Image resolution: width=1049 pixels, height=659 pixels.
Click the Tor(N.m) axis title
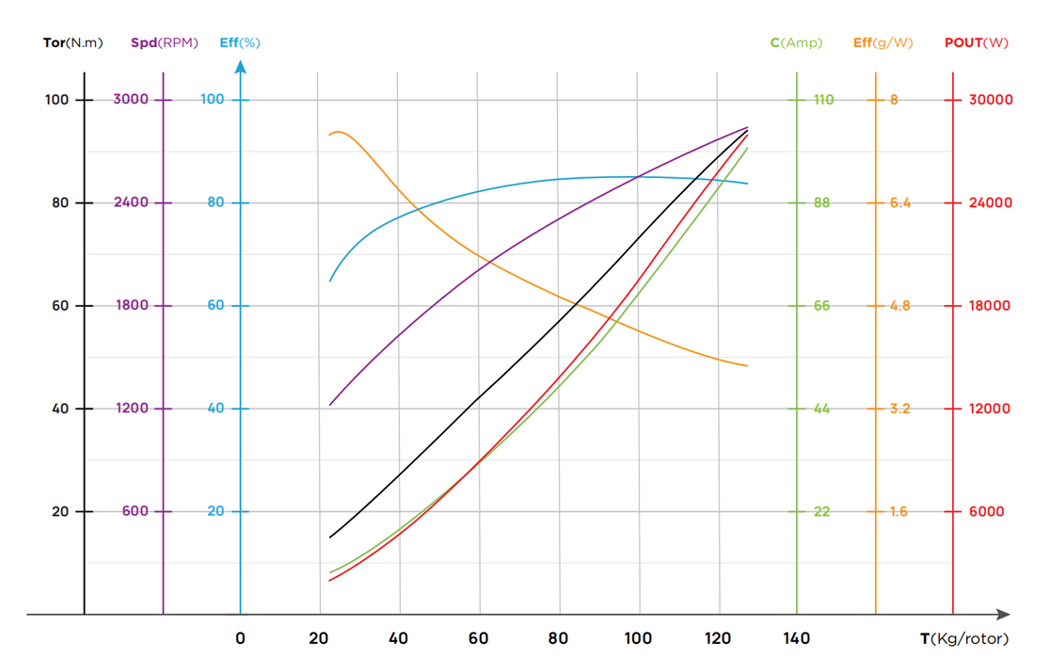click(72, 42)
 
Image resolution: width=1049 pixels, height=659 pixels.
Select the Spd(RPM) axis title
click(165, 42)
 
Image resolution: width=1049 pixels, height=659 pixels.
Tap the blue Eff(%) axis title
click(240, 42)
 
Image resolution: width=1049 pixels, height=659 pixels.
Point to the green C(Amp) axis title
click(796, 42)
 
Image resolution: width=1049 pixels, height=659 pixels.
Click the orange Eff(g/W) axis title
click(882, 42)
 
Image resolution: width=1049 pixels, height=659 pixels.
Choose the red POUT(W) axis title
click(977, 42)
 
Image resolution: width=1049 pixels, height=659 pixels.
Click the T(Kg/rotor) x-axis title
click(964, 638)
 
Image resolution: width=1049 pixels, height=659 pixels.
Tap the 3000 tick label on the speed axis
click(131, 100)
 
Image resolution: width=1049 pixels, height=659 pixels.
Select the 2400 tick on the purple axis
click(131, 202)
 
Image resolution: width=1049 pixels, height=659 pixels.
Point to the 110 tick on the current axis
click(823, 100)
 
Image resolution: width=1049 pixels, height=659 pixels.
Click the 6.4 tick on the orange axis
click(900, 202)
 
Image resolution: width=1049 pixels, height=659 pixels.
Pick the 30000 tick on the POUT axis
click(991, 100)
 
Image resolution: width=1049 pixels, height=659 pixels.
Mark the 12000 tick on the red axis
click(991, 409)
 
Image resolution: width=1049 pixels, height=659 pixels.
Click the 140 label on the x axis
click(797, 638)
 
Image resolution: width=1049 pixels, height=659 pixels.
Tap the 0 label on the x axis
click(240, 638)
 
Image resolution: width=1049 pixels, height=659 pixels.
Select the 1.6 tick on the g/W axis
click(898, 511)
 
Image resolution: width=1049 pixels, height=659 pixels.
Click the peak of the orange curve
click(339, 132)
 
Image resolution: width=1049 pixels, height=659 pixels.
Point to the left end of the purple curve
click(330, 405)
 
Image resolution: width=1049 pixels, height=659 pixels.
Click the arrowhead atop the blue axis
click(240, 66)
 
